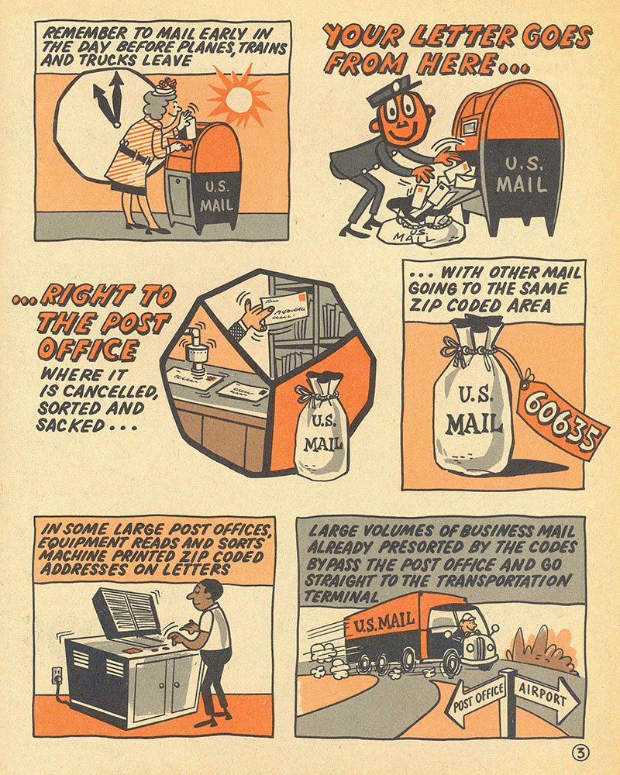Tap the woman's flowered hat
pos(164,87)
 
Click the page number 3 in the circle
pos(580,753)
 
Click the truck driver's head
pos(467,623)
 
